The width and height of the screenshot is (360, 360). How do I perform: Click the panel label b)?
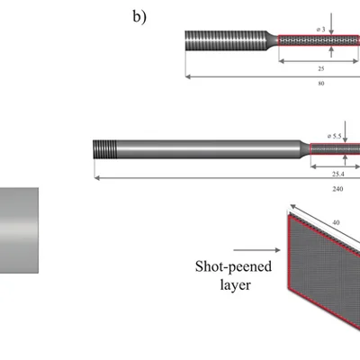tap(139, 17)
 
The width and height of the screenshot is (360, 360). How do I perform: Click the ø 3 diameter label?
tap(320, 30)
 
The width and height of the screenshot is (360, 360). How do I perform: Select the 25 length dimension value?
tap(321, 68)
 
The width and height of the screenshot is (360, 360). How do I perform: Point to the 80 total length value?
tap(321, 84)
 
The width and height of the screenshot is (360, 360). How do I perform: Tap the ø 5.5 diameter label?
tap(335, 136)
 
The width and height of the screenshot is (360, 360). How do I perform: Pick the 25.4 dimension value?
tap(338, 174)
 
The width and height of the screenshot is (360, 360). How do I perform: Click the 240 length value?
tap(337, 189)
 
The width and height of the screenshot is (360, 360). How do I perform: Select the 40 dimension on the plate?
tap(336, 222)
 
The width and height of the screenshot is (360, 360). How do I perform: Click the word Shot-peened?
tap(233, 266)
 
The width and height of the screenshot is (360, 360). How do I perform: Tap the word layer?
tap(235, 284)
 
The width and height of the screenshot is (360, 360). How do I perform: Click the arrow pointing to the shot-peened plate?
tap(256, 250)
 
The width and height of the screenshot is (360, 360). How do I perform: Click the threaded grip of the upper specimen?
tap(226, 40)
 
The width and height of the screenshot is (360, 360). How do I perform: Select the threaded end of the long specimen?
tap(104, 149)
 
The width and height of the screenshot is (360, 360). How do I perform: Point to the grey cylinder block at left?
tap(19, 230)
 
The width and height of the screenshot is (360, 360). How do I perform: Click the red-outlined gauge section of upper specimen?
tap(319, 40)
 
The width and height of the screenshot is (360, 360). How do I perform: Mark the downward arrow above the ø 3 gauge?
tap(331, 23)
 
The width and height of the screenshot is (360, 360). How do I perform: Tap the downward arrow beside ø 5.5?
tap(345, 132)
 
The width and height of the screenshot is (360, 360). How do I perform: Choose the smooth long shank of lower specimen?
tap(208, 149)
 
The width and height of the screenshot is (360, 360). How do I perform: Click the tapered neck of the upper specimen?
tap(272, 40)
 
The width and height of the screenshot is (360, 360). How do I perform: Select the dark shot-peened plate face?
tap(324, 270)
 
